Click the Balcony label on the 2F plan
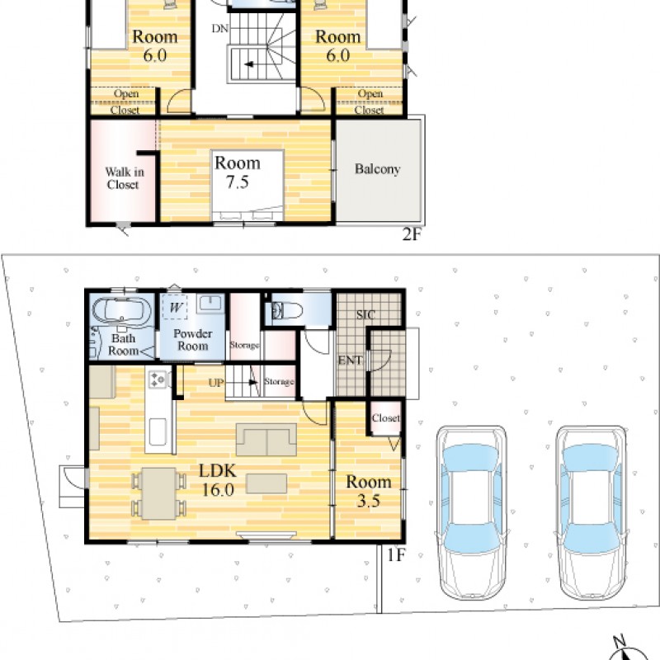[x=377, y=169]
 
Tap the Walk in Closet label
[x=125, y=178]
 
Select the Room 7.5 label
[x=238, y=172]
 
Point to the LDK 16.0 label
[x=218, y=480]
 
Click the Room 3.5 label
[x=369, y=491]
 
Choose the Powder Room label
[x=193, y=340]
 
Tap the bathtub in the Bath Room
[x=121, y=311]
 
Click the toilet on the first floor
[x=287, y=311]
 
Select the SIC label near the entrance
[x=365, y=314]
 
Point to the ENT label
[x=350, y=361]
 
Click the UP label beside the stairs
[x=216, y=383]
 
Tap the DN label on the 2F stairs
[x=220, y=29]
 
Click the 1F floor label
[x=396, y=555]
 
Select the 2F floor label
[x=411, y=234]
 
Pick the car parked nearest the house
[x=472, y=512]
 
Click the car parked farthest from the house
[x=591, y=512]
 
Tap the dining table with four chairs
[x=158, y=493]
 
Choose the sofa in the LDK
[x=266, y=440]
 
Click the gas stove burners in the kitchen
[x=158, y=379]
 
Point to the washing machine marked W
[x=176, y=307]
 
